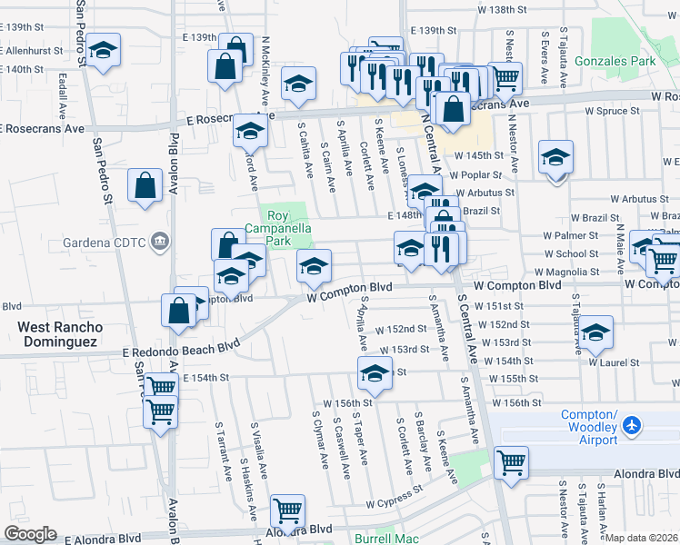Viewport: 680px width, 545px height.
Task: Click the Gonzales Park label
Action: coord(631,61)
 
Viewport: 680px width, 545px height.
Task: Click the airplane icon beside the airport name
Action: coord(633,425)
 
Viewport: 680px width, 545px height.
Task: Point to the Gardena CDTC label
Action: coord(104,242)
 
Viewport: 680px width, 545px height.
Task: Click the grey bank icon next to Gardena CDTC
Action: coord(159,241)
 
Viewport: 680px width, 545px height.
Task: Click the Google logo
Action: coord(30,534)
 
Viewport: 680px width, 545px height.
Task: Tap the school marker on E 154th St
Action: coord(375,372)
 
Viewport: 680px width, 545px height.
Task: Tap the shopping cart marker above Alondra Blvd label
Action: coord(287,511)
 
